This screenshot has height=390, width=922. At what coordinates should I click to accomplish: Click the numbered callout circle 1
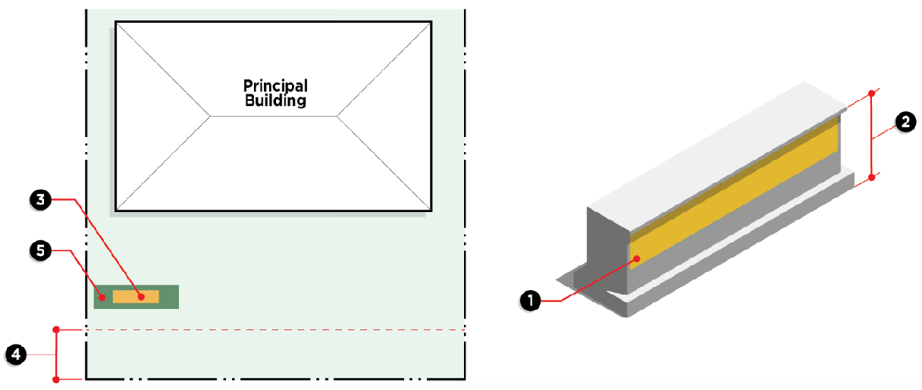tap(531, 301)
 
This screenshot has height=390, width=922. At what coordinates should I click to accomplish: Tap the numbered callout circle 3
tap(40, 199)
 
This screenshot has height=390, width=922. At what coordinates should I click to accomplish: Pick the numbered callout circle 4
tap(15, 354)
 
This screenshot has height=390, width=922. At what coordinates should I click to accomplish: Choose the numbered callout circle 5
tap(40, 248)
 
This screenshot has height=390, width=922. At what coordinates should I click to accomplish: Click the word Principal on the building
tap(275, 86)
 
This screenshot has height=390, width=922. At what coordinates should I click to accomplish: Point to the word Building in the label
tap(275, 100)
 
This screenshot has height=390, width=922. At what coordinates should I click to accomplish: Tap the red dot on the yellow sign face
tap(638, 259)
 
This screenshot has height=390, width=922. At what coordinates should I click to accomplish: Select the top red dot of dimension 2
tap(872, 93)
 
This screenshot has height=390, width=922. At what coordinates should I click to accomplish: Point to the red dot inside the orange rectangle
tap(141, 296)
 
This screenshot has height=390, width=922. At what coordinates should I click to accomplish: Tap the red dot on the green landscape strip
tap(102, 297)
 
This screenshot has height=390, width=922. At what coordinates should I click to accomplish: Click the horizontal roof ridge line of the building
tap(273, 116)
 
